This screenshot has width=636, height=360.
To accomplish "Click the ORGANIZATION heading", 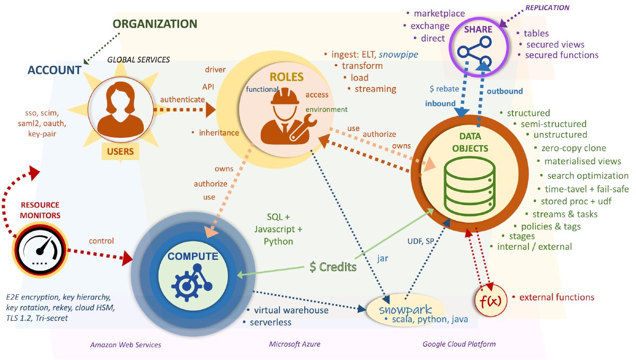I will tap(155, 24).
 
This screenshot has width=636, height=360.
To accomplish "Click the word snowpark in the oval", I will tap(405, 309).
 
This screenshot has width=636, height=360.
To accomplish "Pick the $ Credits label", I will tap(333, 267).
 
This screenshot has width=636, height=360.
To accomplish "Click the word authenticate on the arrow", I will tap(182, 99).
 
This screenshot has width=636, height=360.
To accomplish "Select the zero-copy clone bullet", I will tap(570, 148).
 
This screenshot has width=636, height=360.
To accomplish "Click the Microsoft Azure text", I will tap(295, 345).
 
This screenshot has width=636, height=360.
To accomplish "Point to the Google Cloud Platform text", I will tap(459, 344).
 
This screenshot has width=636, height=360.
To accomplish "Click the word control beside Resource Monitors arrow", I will tap(102, 241).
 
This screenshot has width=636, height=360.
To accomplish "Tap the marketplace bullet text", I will tap(439, 13).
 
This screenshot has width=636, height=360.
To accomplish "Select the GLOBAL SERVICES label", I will tap(138, 59).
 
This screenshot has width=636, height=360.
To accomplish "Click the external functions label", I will tap(556, 297).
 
